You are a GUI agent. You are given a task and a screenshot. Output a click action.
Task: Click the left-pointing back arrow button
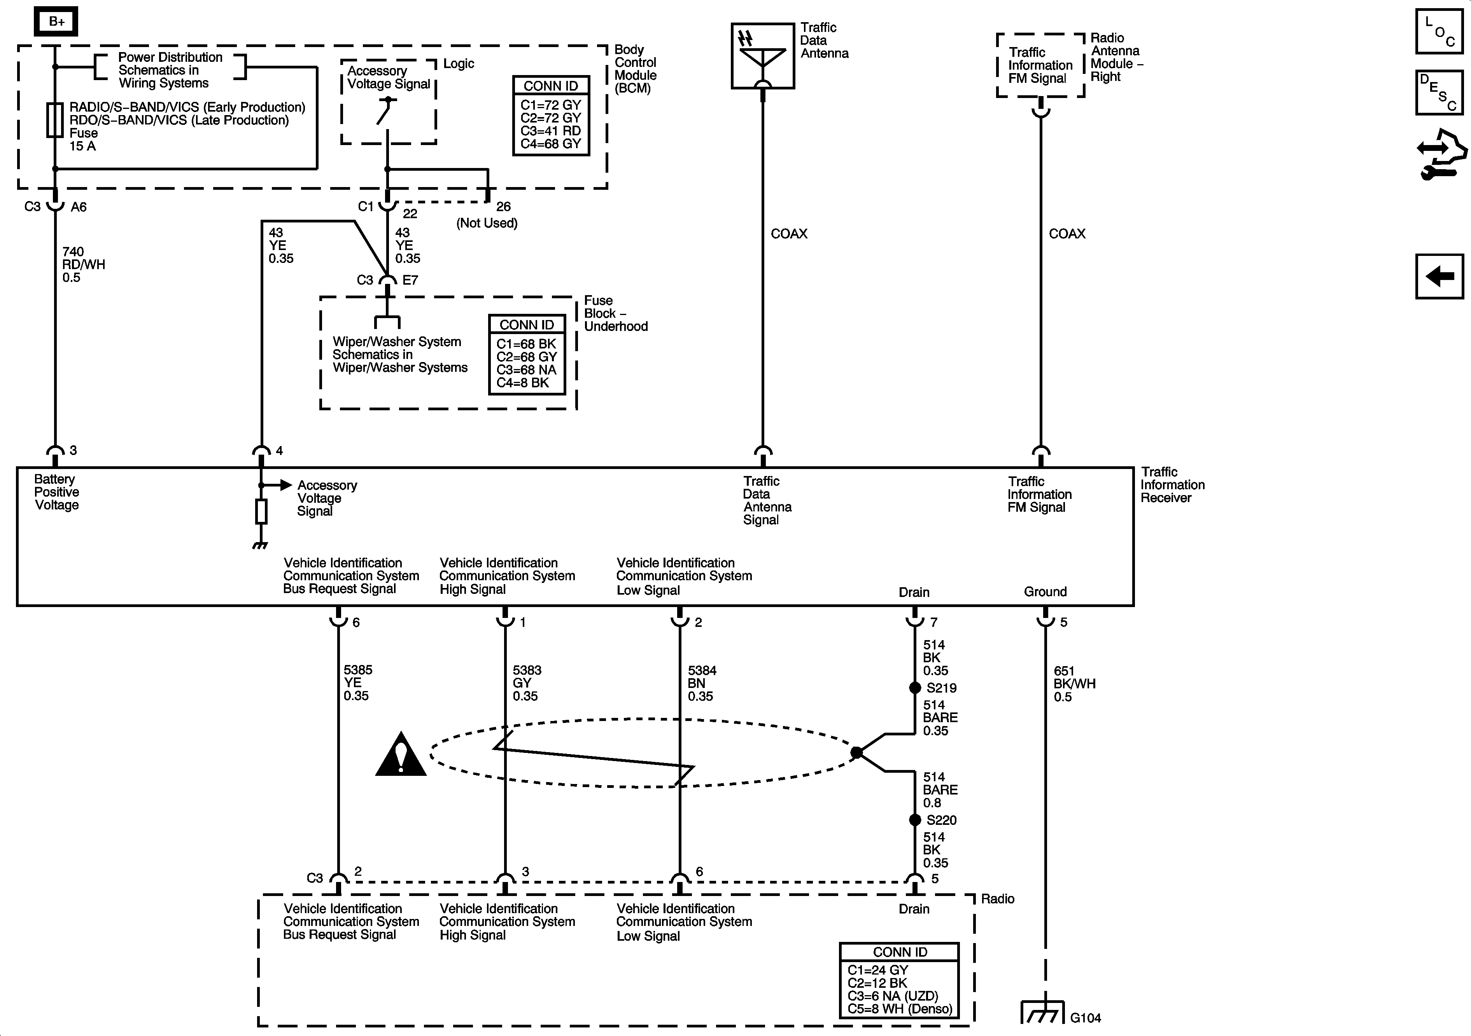click(1439, 276)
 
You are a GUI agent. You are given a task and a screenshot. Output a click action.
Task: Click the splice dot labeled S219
click(915, 688)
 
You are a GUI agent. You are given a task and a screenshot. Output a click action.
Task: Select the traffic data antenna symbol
click(762, 56)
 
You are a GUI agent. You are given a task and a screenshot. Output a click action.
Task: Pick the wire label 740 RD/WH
click(83, 264)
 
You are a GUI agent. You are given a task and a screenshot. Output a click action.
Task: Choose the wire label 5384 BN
click(702, 683)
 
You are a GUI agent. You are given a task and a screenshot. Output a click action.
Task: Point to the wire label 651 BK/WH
click(1074, 684)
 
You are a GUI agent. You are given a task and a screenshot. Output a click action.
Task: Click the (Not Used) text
click(487, 223)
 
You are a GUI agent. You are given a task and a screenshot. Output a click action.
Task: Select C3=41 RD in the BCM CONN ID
click(550, 131)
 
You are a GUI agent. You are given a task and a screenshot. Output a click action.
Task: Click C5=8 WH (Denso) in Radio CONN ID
click(900, 1009)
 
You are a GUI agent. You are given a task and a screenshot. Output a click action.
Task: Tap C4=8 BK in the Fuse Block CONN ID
click(523, 383)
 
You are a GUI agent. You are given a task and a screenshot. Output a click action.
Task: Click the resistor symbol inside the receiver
click(261, 511)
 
